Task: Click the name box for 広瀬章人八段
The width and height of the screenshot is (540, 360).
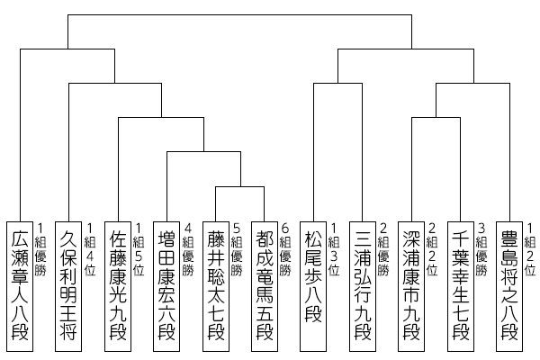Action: tap(20, 286)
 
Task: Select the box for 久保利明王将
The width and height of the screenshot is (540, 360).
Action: tap(68, 286)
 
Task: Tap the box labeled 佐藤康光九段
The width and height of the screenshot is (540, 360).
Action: tap(118, 286)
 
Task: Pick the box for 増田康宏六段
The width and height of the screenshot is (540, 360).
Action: tap(166, 286)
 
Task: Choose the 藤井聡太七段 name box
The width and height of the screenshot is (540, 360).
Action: tap(216, 286)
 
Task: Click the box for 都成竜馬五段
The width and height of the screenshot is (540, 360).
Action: tap(265, 286)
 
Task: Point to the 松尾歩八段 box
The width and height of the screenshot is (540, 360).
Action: tap(313, 286)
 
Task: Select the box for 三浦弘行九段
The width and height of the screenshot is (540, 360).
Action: tap(363, 286)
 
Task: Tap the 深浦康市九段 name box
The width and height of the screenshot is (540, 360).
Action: tap(411, 286)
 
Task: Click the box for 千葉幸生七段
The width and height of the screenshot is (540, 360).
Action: tap(461, 286)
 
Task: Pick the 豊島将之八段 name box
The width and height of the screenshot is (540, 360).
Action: tap(509, 286)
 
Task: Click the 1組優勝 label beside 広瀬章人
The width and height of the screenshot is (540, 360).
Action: tap(40, 249)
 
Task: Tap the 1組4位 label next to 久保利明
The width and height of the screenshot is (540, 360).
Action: tap(90, 249)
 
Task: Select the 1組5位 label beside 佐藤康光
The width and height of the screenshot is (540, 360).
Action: tap(139, 249)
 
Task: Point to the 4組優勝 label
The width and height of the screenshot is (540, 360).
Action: tap(188, 249)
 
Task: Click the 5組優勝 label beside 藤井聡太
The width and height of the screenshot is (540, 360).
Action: tap(237, 249)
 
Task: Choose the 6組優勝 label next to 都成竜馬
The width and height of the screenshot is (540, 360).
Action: tap(285, 249)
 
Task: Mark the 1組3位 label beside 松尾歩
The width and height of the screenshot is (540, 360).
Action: tap(334, 249)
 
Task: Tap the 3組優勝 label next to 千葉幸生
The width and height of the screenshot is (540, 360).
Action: tap(481, 249)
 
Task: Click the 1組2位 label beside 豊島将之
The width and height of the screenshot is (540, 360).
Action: tap(530, 249)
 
